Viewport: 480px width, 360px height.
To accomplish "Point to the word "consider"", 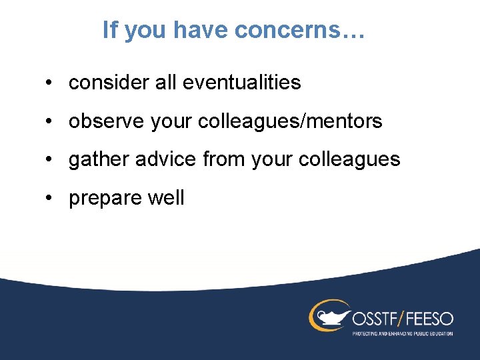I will pyautogui.click(x=105, y=83).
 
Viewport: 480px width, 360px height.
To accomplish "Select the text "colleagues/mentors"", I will pyautogui.click(x=290, y=121).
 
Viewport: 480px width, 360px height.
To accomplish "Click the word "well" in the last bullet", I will pyautogui.click(x=167, y=198).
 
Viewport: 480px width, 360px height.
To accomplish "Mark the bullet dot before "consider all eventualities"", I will pyautogui.click(x=50, y=83).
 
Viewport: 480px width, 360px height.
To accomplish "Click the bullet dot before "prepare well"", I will pyautogui.click(x=50, y=199).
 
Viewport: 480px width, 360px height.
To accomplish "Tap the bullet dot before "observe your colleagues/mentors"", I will pyautogui.click(x=50, y=122).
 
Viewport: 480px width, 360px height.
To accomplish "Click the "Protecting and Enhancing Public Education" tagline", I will pyautogui.click(x=402, y=333).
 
